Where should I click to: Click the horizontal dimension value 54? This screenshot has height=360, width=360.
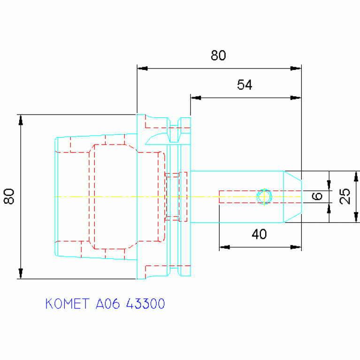coord(245,84)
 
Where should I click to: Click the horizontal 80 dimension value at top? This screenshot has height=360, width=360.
coord(218,55)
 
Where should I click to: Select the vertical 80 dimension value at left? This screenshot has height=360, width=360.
coord(9,196)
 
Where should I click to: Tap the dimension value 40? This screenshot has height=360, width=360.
coord(259,234)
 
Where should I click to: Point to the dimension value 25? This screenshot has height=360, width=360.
coord(345,196)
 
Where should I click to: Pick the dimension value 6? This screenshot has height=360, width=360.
coord(317,196)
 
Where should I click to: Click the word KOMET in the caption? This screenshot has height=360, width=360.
coord(67,304)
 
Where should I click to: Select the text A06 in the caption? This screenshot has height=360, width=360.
coord(107,304)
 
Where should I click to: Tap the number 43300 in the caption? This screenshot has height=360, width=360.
coord(146,304)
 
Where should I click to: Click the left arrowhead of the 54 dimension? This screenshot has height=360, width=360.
coord(196,98)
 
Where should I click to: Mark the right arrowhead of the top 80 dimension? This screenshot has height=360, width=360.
coord(296,69)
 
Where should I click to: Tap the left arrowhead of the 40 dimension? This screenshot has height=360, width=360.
coord(224,247)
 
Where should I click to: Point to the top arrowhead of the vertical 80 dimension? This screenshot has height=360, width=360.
coord(21,120)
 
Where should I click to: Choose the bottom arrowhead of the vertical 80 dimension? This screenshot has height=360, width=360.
coord(21,273)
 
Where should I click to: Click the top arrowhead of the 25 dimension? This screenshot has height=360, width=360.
coord(356,176)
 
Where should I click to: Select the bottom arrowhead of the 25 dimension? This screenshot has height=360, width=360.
coord(356,217)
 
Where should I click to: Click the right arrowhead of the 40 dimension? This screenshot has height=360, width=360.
coord(296,247)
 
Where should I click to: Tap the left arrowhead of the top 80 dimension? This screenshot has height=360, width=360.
coord(143,69)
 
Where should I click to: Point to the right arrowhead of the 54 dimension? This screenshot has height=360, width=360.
coord(296,98)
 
